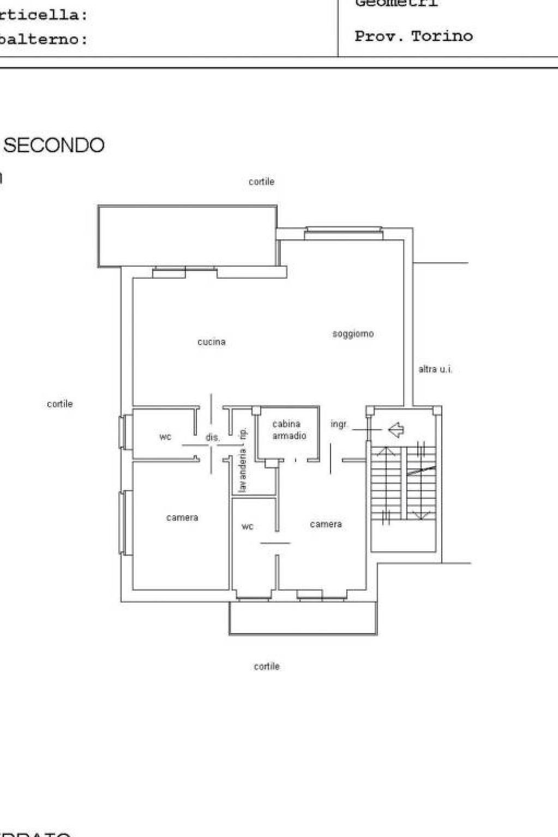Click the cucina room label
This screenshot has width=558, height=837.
click(x=211, y=342)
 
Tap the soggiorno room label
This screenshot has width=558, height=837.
click(x=353, y=334)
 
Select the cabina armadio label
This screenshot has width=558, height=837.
click(x=289, y=430)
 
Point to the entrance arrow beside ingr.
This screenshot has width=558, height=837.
click(x=396, y=430)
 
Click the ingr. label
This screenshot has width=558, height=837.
click(x=339, y=424)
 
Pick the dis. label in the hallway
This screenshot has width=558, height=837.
click(x=213, y=437)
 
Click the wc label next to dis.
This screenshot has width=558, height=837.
click(x=165, y=437)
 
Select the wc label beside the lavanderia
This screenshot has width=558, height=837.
click(x=247, y=526)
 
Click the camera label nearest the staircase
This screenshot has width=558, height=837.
click(x=326, y=524)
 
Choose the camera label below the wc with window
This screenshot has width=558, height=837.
click(x=182, y=517)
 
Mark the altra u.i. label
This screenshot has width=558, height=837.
click(x=435, y=369)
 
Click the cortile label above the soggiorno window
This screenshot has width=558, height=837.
click(x=261, y=182)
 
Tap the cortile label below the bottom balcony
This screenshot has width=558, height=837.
click(x=266, y=666)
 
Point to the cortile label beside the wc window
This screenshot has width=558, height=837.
click(x=59, y=404)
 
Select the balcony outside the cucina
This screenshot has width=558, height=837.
click(x=187, y=236)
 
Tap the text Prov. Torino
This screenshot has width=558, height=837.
click(x=413, y=37)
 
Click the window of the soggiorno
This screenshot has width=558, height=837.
click(x=343, y=233)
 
